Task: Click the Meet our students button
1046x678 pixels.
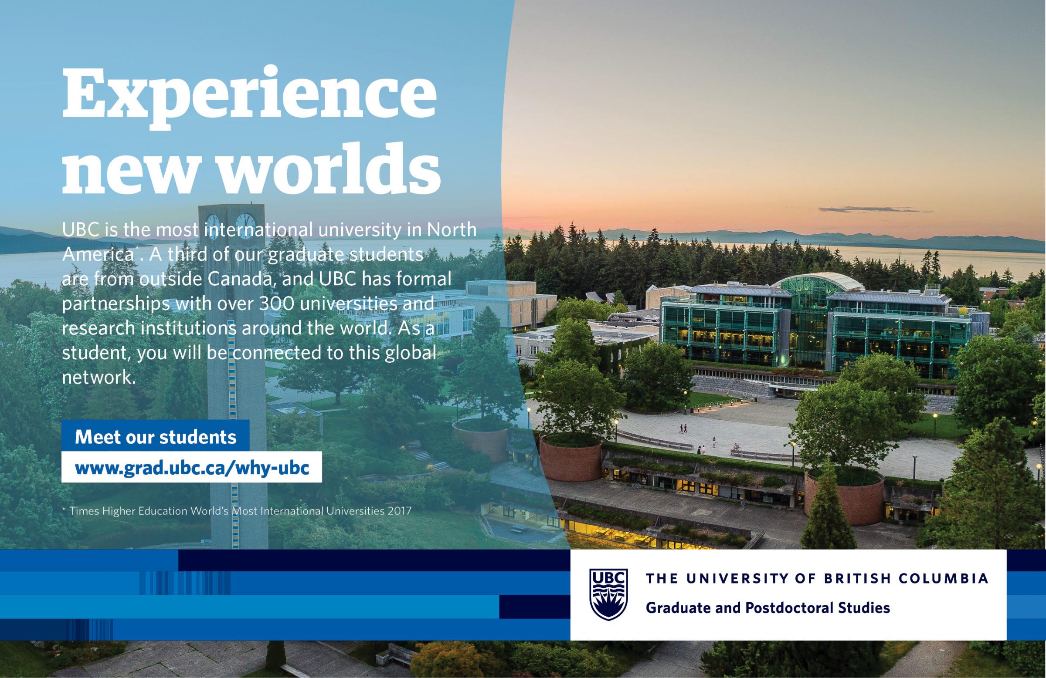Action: coord(156,437)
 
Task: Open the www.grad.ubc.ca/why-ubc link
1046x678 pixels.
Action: coord(192,468)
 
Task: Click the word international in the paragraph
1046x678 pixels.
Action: coord(258,230)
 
